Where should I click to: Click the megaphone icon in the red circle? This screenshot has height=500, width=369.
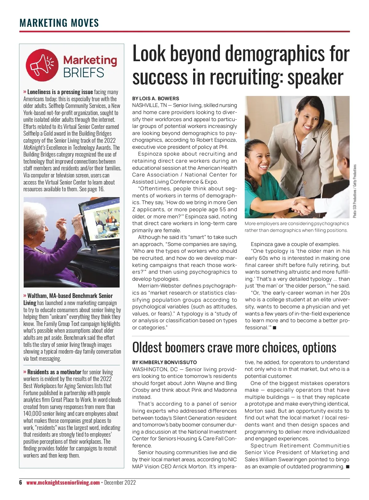pyautogui.click(x=42, y=65)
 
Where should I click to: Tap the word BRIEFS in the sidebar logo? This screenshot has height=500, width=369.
pyautogui.click(x=84, y=73)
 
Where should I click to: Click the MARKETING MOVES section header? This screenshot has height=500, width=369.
pyautogui.click(x=59, y=23)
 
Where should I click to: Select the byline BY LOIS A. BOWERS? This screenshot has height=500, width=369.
pyautogui.click(x=156, y=99)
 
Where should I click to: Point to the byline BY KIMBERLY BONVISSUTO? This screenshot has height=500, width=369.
pyautogui.click(x=165, y=362)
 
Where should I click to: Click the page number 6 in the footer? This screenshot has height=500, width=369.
pyautogui.click(x=21, y=482)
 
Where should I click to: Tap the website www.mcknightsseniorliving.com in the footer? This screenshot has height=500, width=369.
pyautogui.click(x=63, y=482)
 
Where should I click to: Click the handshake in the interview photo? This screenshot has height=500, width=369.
pyautogui.click(x=303, y=204)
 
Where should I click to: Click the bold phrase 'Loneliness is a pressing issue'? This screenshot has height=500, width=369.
pyautogui.click(x=60, y=92)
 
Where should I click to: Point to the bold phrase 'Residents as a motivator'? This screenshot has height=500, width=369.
pyautogui.click(x=54, y=372)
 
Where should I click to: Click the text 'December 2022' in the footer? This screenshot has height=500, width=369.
pyautogui.click(x=120, y=482)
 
